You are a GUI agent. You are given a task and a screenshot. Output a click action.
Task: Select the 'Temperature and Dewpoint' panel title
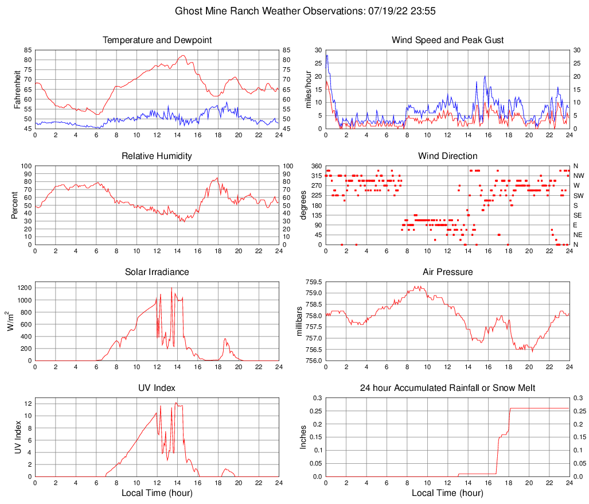pos(157,40)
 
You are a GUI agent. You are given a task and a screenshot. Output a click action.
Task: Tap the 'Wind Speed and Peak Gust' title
pos(447,40)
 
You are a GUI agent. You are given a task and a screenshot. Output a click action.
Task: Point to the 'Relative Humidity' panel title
pos(157,156)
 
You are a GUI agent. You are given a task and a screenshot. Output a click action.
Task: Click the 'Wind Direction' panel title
pos(447,156)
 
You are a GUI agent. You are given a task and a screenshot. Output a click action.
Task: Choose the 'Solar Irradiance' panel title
pos(157,272)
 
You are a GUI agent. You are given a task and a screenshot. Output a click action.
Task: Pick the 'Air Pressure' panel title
pos(447,272)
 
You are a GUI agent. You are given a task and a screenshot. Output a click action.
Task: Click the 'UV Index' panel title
pos(157,388)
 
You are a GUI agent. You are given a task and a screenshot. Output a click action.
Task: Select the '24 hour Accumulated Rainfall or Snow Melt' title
pos(447,388)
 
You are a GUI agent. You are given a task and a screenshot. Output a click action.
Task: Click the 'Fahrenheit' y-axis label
pos(17,89)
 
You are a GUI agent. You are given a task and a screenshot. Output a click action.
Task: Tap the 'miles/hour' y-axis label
pos(308,89)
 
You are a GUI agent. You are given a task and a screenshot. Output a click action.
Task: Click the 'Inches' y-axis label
pos(303,437)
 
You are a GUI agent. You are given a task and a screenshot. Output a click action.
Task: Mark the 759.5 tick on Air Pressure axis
pos(313,282)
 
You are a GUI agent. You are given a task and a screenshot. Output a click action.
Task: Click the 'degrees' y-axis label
pos(303,205)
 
